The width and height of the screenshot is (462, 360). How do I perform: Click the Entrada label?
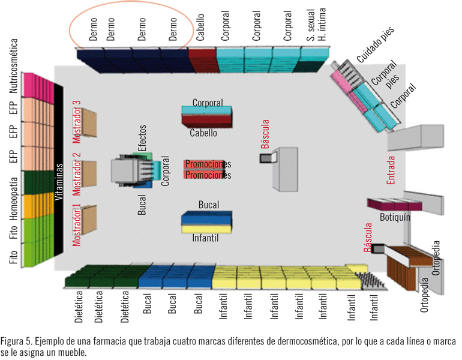coord(391,170)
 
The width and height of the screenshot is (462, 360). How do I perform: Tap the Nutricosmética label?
coord(14,67)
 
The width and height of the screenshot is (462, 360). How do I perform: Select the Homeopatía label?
coord(14,192)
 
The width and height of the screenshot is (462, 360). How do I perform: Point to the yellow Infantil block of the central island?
coord(207,228)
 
